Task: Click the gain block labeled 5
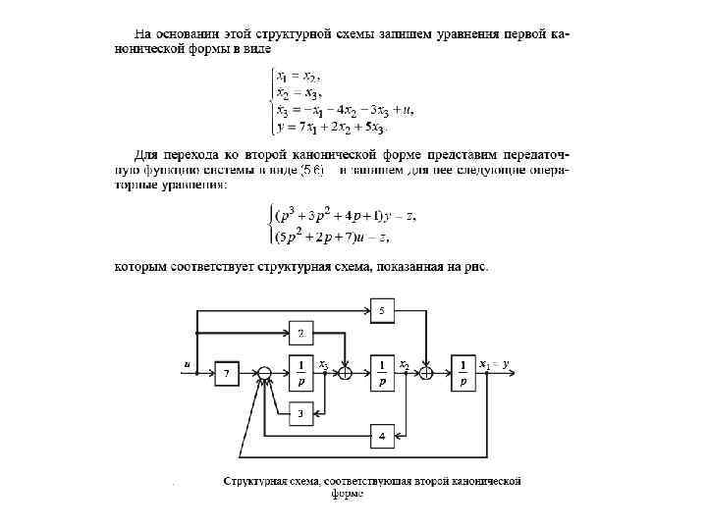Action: click(382, 311)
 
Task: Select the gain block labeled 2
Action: click(301, 334)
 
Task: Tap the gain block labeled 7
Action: click(228, 373)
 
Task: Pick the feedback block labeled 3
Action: click(301, 412)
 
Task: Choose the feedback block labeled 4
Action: click(382, 434)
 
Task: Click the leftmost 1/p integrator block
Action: click(301, 373)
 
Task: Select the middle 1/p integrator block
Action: click(382, 373)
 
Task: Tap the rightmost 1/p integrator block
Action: click(462, 373)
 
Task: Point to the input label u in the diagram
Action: click(187, 363)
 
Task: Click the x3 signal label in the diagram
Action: click(324, 363)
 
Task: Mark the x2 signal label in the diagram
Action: click(405, 363)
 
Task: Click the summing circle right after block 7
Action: click(263, 373)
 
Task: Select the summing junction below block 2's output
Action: click(345, 373)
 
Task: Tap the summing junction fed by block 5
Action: click(426, 373)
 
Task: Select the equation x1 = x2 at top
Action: click(298, 75)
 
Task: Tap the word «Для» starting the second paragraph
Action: click(144, 154)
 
